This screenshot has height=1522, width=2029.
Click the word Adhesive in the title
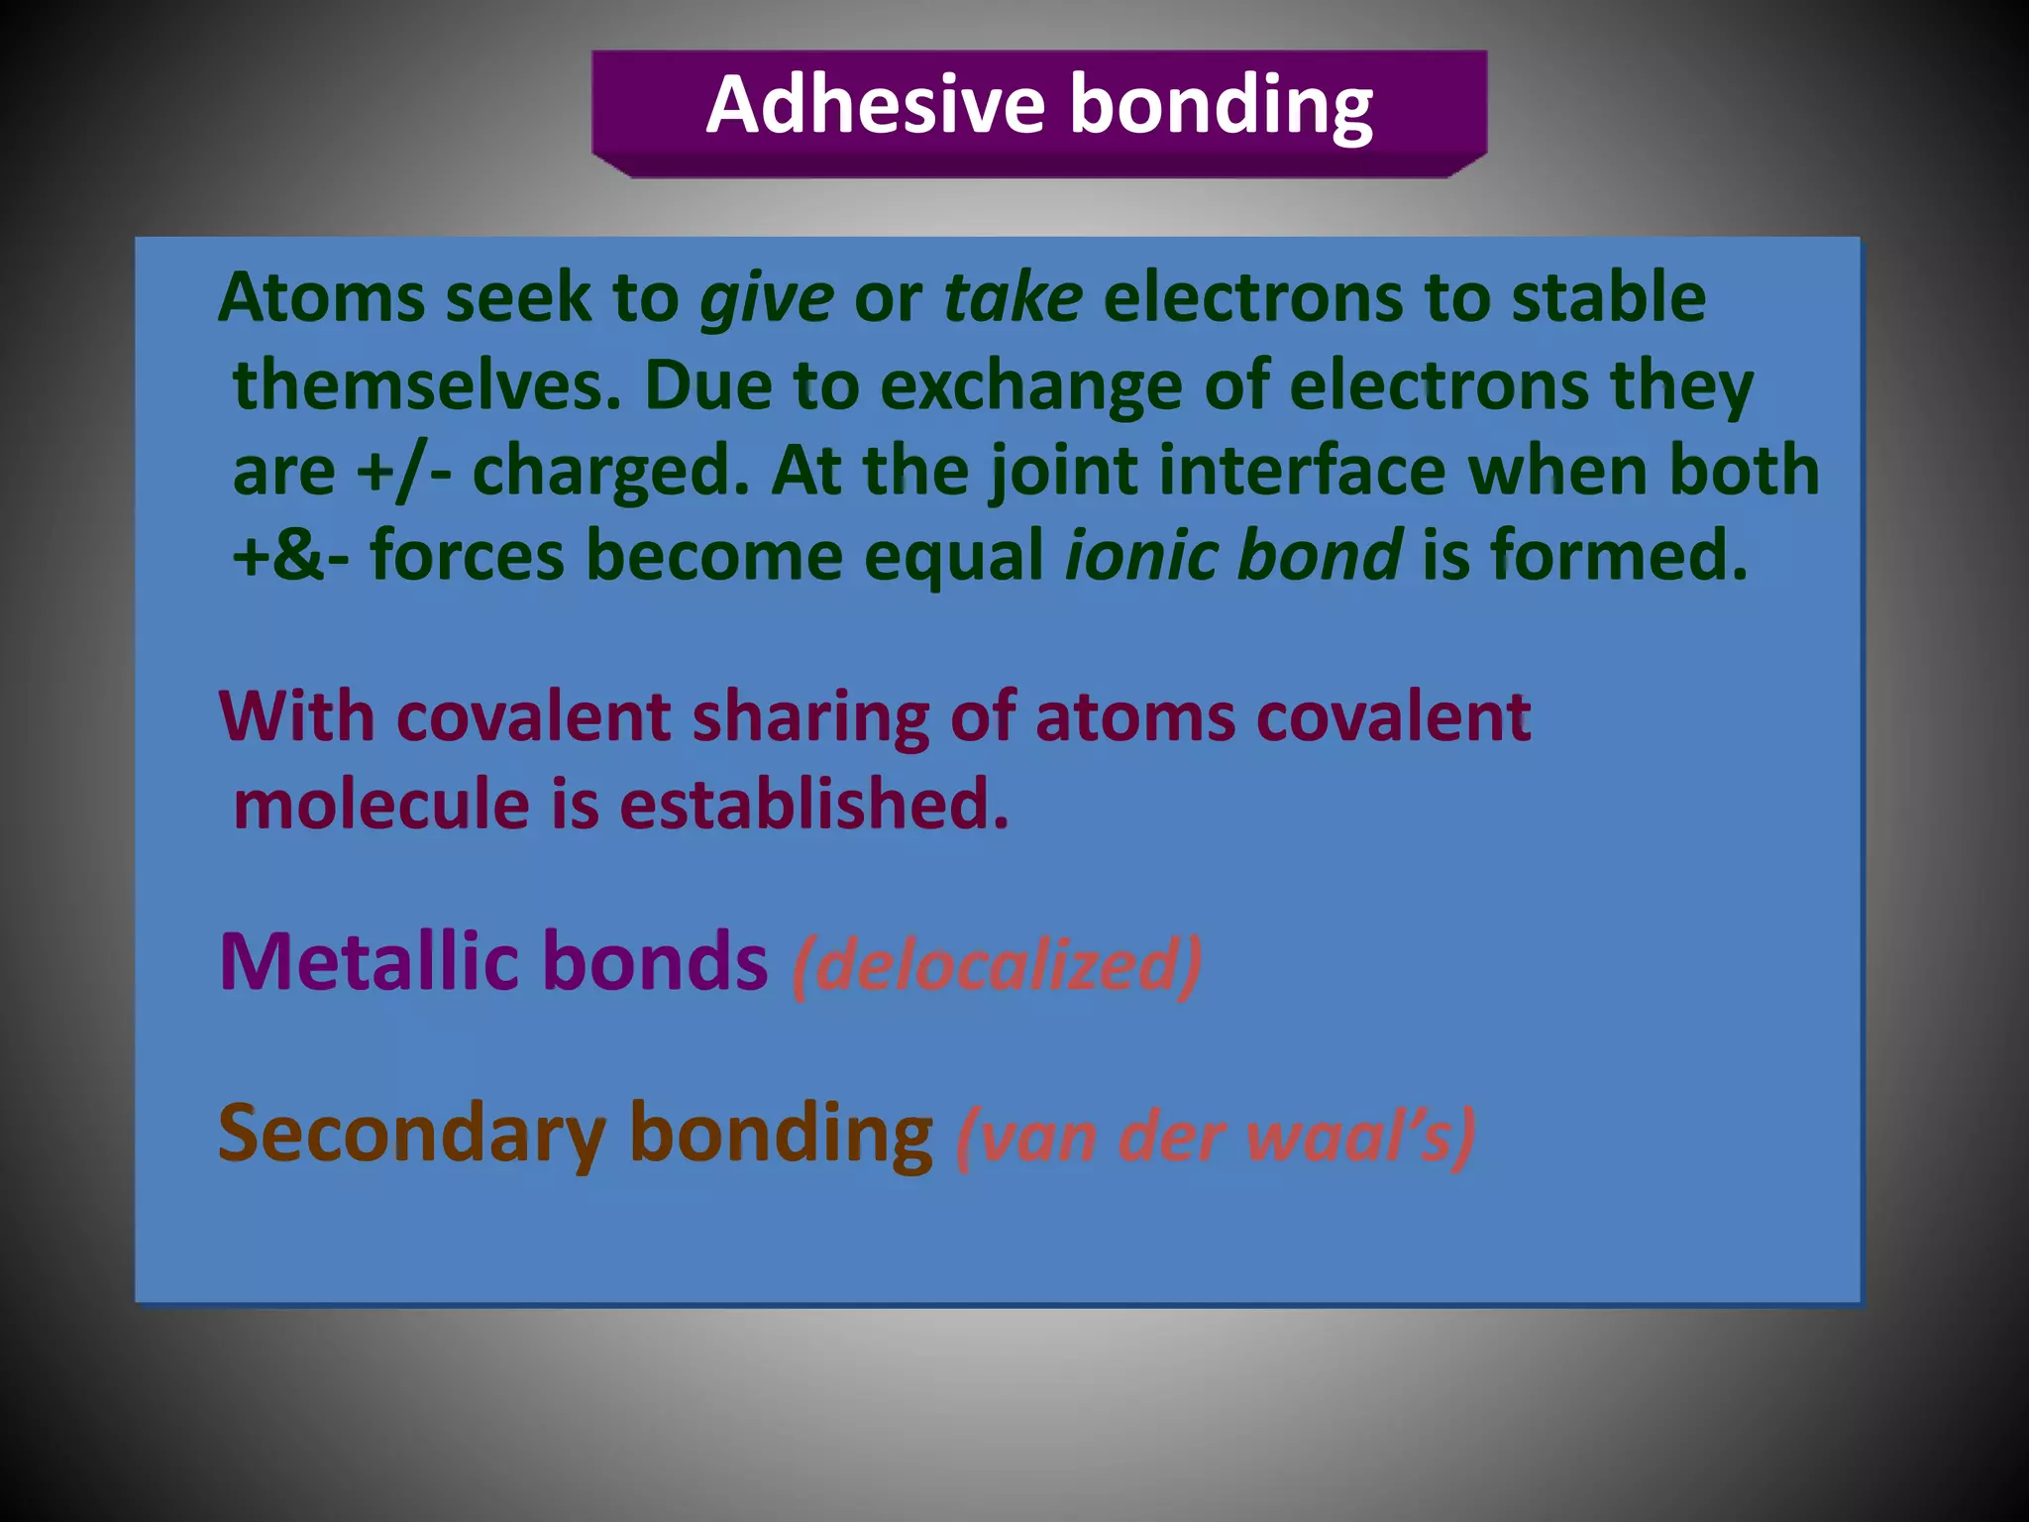(875, 105)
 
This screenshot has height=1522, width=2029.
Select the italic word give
(767, 298)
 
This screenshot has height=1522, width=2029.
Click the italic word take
(1013, 298)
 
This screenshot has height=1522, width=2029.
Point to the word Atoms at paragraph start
(321, 298)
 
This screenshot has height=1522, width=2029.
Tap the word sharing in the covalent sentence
(810, 717)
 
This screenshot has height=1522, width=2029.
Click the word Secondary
(411, 1134)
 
